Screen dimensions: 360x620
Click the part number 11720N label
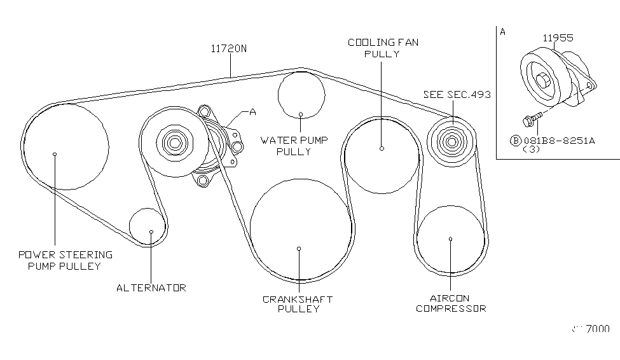pos(229,48)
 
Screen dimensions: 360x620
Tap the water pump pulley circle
pos(301,95)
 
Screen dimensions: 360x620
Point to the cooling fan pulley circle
pos(382,155)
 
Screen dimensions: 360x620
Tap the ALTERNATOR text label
pos(151,288)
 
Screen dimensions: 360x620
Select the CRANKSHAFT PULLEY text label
pos(298,304)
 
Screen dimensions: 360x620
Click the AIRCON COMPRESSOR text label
pos(451,303)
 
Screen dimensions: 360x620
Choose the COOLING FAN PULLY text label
pos(382,48)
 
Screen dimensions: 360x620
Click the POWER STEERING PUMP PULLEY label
pos(65,260)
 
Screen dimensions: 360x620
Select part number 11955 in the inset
pos(557,38)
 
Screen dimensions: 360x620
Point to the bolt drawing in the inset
pos(531,118)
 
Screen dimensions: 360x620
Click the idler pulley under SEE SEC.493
pos(450,141)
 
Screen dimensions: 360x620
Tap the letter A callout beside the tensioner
pos(252,112)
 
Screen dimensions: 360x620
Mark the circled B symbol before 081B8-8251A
pos(516,141)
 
